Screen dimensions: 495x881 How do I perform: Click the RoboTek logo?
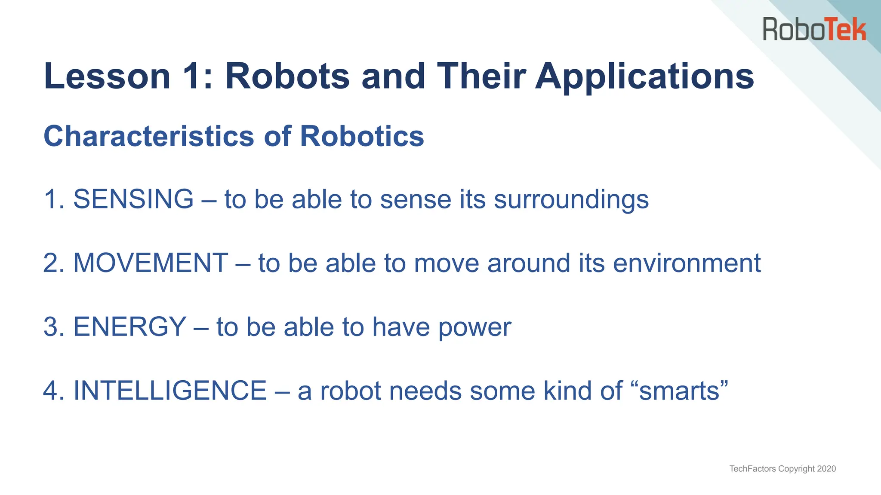814,29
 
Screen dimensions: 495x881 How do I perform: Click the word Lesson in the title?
107,76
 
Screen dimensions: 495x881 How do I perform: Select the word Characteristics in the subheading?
149,137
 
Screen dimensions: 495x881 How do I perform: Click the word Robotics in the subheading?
362,137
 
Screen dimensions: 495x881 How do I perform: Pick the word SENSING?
133,199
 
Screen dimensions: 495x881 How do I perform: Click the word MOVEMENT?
151,263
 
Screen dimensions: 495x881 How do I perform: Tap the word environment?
687,263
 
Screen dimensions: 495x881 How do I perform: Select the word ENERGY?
130,327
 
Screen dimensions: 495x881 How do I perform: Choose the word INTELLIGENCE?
170,391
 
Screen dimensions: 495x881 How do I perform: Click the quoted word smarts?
679,391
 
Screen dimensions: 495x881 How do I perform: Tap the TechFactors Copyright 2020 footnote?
782,469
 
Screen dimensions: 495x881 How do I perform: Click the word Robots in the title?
287,76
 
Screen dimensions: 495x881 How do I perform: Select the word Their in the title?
481,76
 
